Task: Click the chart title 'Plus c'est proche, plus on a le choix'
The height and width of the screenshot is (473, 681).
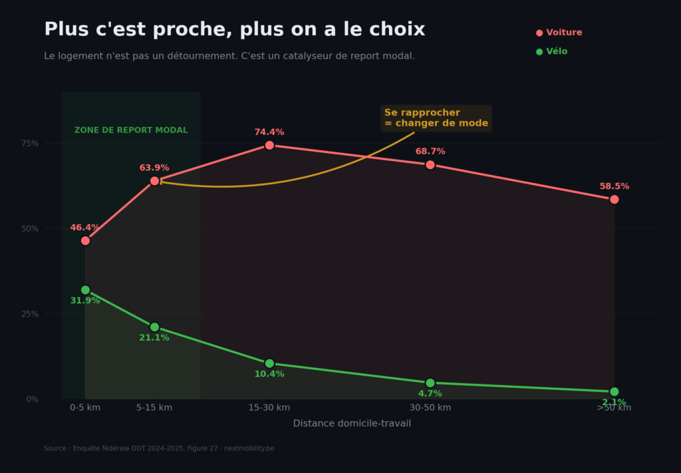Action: pos(234,30)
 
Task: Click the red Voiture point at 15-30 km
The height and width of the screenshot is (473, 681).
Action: pos(269,145)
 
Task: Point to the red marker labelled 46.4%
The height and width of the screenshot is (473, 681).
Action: pos(85,240)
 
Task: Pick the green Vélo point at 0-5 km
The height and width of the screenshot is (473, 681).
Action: pos(85,290)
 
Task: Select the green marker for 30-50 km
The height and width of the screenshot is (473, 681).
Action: pos(430,383)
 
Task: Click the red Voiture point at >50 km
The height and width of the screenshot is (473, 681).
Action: pos(614,200)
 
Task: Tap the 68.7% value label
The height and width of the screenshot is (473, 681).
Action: pos(430,152)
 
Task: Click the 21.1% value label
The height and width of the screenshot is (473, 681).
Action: pos(154,338)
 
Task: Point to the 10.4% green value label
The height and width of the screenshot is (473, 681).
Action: pos(269,375)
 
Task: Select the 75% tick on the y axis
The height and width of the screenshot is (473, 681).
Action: pos(30,143)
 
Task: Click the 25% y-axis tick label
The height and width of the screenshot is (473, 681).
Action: pos(30,313)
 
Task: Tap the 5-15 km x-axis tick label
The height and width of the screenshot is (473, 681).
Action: pos(154,408)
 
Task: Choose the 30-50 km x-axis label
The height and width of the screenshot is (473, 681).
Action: pos(430,408)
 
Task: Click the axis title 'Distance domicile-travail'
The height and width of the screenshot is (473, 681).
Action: pos(352,424)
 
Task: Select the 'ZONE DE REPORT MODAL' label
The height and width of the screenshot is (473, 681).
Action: pos(131,130)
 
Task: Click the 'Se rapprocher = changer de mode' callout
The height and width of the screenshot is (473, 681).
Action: pos(436,118)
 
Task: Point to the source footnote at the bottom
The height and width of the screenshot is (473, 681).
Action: pos(159,448)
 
